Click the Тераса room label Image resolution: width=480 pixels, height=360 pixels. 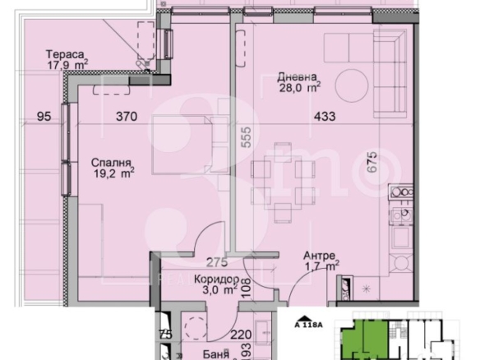click(x=65, y=54)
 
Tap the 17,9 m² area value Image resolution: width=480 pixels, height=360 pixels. click(x=67, y=65)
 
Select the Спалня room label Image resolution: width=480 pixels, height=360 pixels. click(x=111, y=163)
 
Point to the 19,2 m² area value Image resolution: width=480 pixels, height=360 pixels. click(x=114, y=173)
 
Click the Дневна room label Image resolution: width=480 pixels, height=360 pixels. click(x=297, y=76)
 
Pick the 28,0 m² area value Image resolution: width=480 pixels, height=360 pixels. click(x=300, y=88)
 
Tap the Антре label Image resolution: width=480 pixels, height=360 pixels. click(x=320, y=256)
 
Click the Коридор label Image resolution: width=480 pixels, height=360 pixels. click(x=216, y=279)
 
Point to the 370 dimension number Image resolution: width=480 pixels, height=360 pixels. click(x=127, y=117)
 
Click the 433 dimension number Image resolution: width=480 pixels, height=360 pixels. click(x=325, y=117)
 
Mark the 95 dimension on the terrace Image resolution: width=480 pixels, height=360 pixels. click(x=44, y=117)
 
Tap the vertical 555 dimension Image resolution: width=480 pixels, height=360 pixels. click(x=246, y=137)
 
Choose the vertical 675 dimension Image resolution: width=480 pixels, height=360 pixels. click(x=372, y=162)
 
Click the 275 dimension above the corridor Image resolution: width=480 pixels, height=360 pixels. click(x=217, y=262)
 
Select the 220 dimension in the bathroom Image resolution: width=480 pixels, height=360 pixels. click(x=241, y=335)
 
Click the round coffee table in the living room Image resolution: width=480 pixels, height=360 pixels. click(x=352, y=85)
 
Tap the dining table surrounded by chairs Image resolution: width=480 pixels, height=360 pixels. click(x=283, y=182)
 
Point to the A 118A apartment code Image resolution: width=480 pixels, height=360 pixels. click(x=308, y=325)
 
